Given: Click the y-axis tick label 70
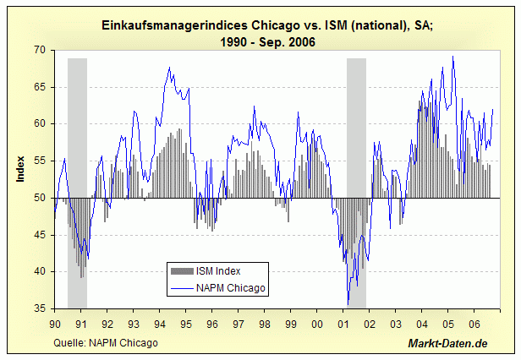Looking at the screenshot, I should tap(40, 51).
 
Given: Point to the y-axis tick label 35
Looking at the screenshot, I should tap(40, 309).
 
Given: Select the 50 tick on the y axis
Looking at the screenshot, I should tap(40, 199).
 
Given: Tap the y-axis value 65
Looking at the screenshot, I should tap(40, 87).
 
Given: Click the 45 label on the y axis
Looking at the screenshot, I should tap(40, 235).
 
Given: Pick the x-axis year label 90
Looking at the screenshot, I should tap(55, 323).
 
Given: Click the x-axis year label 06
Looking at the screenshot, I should tap(475, 323).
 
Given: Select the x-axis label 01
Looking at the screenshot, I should tap(344, 323).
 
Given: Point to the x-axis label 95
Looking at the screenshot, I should tap(186, 323).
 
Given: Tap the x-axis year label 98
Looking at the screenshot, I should tap(265, 323).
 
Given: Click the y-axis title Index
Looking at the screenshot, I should tap(20, 168).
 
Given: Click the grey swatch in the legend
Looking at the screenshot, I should tap(182, 271).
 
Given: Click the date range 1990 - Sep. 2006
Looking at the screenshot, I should tap(260, 42).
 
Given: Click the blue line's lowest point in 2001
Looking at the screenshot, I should tap(348, 304).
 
